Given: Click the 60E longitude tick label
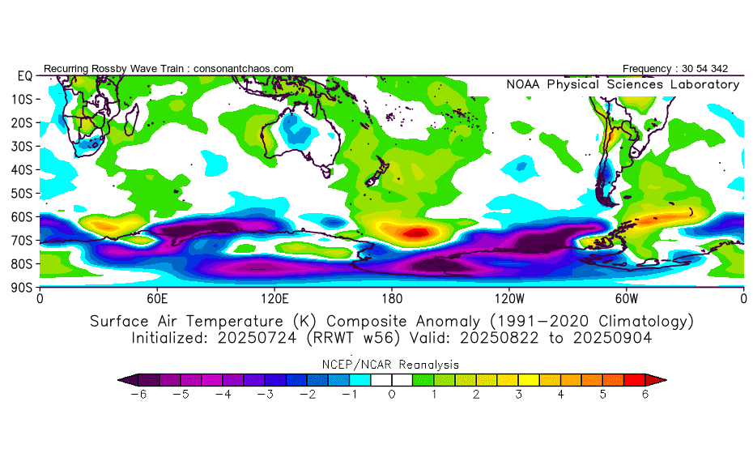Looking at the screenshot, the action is (x=157, y=299).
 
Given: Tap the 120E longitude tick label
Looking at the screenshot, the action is (x=274, y=299).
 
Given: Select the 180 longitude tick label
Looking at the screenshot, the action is (x=392, y=299).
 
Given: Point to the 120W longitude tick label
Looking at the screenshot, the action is (x=509, y=299).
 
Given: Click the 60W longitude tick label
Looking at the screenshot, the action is (x=627, y=299).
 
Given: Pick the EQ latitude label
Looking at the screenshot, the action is (x=25, y=76).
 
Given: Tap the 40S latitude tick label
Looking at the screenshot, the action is (x=22, y=169).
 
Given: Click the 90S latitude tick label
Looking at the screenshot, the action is (x=22, y=288).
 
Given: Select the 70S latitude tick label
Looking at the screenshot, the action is (x=22, y=241).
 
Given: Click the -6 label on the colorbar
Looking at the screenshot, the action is (x=138, y=395).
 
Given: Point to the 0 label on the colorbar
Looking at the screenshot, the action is (x=392, y=395).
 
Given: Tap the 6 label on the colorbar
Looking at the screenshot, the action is (x=645, y=395).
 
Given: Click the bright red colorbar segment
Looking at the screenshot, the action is (x=634, y=380).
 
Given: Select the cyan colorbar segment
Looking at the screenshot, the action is (x=360, y=380).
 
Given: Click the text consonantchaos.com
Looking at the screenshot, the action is (x=244, y=69).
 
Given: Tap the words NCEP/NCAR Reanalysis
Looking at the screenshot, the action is (x=390, y=365).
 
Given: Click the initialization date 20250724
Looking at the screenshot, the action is (x=257, y=338).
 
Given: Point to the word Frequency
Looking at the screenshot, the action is (x=647, y=69).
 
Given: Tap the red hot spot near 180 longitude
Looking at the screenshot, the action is (x=417, y=233).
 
